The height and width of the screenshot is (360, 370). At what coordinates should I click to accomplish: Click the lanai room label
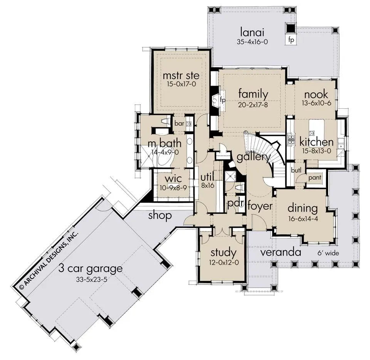click(252, 32)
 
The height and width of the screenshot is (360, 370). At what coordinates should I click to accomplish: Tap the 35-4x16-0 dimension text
click(252, 42)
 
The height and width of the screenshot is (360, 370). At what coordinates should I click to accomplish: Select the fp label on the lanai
click(291, 40)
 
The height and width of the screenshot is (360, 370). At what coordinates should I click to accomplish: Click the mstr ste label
click(181, 76)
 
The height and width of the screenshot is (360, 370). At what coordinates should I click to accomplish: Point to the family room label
click(253, 94)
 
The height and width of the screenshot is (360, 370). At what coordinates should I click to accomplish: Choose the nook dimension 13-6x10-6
click(316, 103)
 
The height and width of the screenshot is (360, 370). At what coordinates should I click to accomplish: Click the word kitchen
click(316, 142)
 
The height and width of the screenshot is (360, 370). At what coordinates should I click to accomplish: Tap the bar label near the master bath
click(179, 123)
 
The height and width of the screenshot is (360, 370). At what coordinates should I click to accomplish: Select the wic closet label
click(173, 178)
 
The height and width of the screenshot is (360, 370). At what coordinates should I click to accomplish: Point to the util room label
click(207, 177)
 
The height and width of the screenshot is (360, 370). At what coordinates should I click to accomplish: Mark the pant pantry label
click(315, 178)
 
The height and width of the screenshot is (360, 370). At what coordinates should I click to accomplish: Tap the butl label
click(296, 170)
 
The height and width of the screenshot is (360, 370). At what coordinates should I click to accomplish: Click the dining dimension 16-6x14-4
click(303, 219)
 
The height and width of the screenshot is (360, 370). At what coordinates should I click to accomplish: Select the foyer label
click(260, 206)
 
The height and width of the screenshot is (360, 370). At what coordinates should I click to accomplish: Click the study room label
click(224, 253)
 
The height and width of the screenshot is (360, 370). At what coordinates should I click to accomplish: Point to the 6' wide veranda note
click(328, 253)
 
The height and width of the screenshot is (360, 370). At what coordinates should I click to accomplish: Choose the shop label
click(160, 215)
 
